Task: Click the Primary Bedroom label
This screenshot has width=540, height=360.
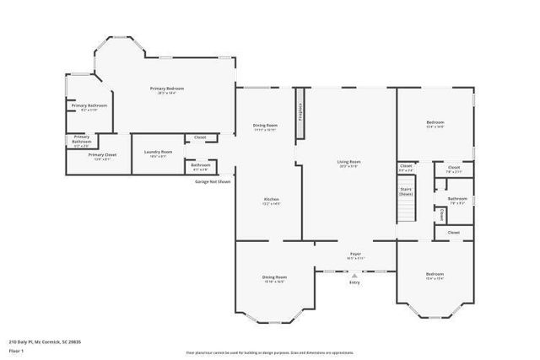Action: click(167, 89)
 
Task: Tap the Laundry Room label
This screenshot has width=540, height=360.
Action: click(157, 152)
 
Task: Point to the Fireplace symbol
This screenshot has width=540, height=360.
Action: click(300, 112)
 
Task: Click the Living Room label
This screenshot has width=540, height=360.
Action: click(348, 162)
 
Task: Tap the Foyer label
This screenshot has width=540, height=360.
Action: click(356, 253)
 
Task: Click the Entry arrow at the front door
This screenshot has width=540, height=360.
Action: click(354, 275)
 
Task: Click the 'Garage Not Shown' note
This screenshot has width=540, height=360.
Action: click(213, 181)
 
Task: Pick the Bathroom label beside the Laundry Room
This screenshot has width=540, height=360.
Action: click(201, 164)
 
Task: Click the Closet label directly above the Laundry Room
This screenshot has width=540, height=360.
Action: click(200, 137)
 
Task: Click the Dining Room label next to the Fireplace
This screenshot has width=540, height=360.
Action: click(265, 126)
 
